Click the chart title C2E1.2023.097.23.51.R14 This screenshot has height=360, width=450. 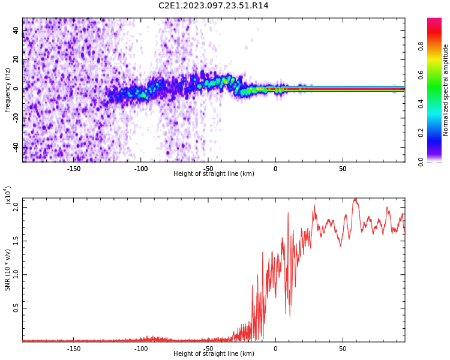click(x=213, y=6)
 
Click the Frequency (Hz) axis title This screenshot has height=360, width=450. click(x=7, y=89)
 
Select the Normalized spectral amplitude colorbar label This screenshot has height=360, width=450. click(x=446, y=89)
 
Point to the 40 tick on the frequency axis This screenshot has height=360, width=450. click(x=16, y=30)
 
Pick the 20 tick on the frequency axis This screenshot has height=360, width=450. click(x=16, y=59)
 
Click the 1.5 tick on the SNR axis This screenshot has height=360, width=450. click(x=16, y=241)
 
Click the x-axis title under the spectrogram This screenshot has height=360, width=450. click(x=214, y=174)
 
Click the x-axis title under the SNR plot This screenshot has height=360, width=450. click(x=214, y=354)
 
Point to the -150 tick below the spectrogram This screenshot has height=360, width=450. click(x=73, y=169)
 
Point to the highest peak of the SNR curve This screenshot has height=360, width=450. click(x=355, y=199)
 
